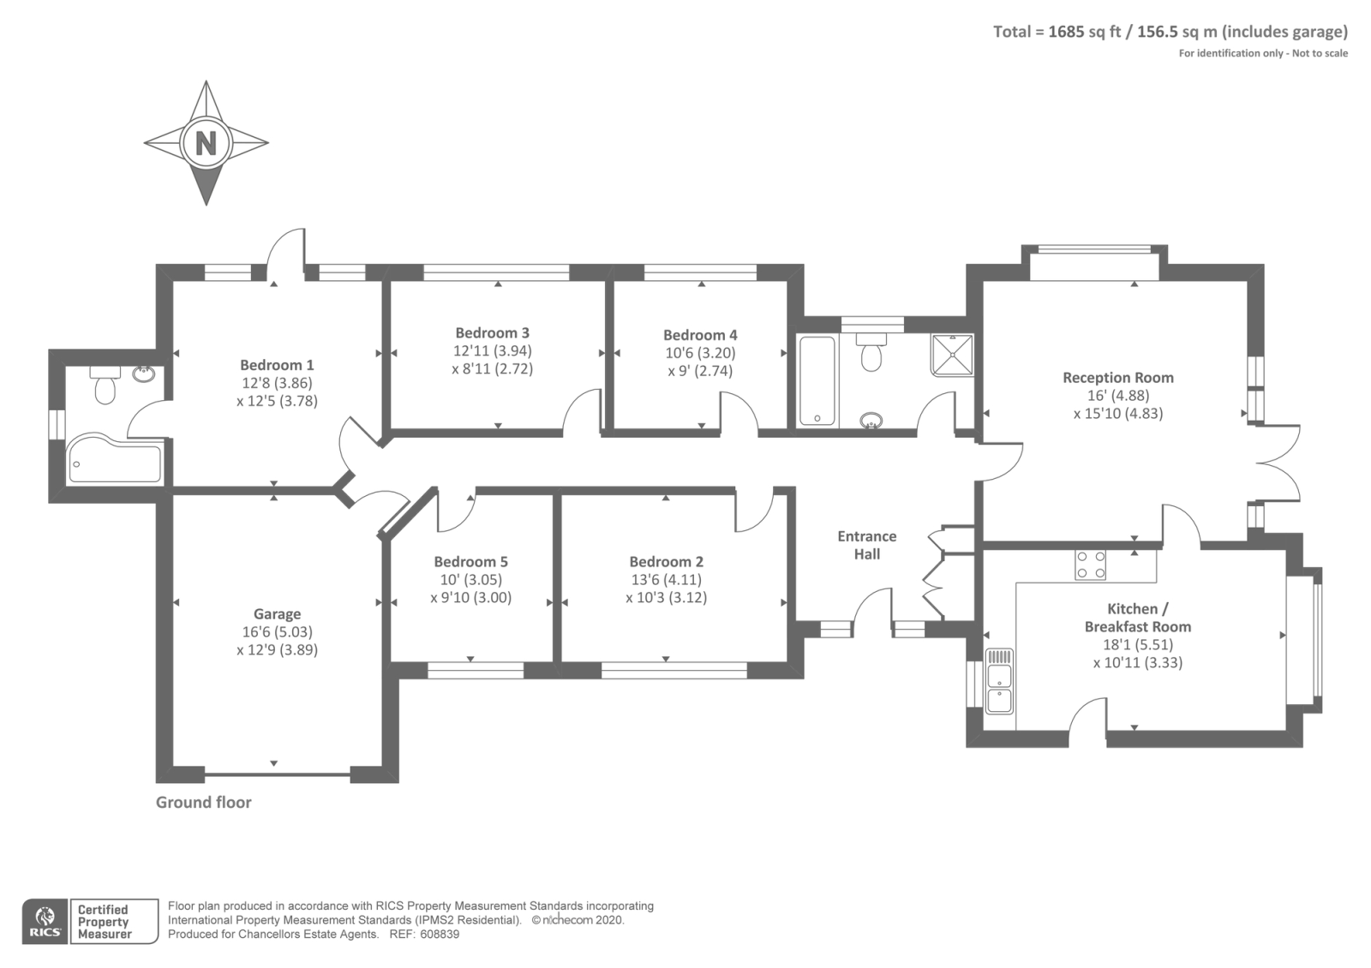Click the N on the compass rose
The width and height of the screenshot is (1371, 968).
click(x=206, y=142)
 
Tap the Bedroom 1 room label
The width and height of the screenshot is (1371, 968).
click(x=277, y=365)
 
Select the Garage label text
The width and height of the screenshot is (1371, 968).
click(x=277, y=613)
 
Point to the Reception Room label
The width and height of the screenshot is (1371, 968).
click(x=1117, y=377)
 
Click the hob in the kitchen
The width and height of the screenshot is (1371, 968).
click(x=1090, y=565)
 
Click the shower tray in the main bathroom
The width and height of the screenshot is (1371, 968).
click(x=952, y=355)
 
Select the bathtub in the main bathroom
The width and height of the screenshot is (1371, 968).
click(x=817, y=380)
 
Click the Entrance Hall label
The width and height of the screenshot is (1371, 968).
click(x=866, y=545)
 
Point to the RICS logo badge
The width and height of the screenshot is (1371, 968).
click(x=45, y=922)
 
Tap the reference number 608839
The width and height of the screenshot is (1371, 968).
click(x=440, y=935)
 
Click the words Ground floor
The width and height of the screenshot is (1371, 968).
click(x=203, y=803)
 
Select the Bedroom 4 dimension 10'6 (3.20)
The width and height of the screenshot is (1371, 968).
click(x=700, y=353)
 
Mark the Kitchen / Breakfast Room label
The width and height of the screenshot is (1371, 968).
click(x=1137, y=618)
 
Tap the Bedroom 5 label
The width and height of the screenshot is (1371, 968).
click(x=470, y=562)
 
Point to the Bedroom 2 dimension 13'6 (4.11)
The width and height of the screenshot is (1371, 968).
click(x=666, y=580)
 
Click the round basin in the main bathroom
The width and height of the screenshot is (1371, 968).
click(x=871, y=420)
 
